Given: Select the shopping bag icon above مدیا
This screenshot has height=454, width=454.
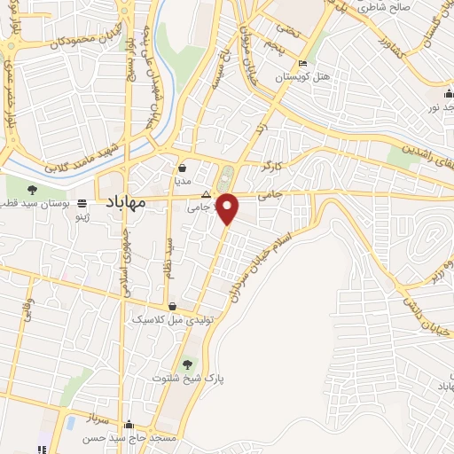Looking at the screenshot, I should coord(182,167).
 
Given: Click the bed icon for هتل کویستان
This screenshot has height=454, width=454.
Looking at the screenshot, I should coord(303,64).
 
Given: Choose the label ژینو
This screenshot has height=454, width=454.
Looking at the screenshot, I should coord(81,215).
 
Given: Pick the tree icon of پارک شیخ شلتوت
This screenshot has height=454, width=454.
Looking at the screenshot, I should coord(186,363).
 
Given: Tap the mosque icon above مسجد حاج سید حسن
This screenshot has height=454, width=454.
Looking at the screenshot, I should coord(130,424).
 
